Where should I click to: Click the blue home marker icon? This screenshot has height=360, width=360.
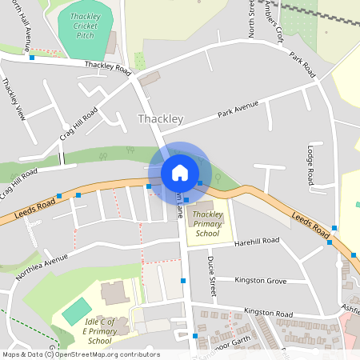(179, 173)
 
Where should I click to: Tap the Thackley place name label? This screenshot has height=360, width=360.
(161, 119)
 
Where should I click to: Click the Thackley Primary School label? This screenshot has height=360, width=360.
(207, 224)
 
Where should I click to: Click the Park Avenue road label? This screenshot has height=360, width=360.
(238, 109)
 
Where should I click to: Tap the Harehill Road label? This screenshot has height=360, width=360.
(256, 240)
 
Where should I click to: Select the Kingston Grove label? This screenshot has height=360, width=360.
(260, 281)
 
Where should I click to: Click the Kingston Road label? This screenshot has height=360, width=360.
(270, 312)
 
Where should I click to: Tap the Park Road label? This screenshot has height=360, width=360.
(304, 66)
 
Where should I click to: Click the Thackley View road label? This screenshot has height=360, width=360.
(14, 98)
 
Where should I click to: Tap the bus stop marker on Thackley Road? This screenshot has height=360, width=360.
(32, 58)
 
